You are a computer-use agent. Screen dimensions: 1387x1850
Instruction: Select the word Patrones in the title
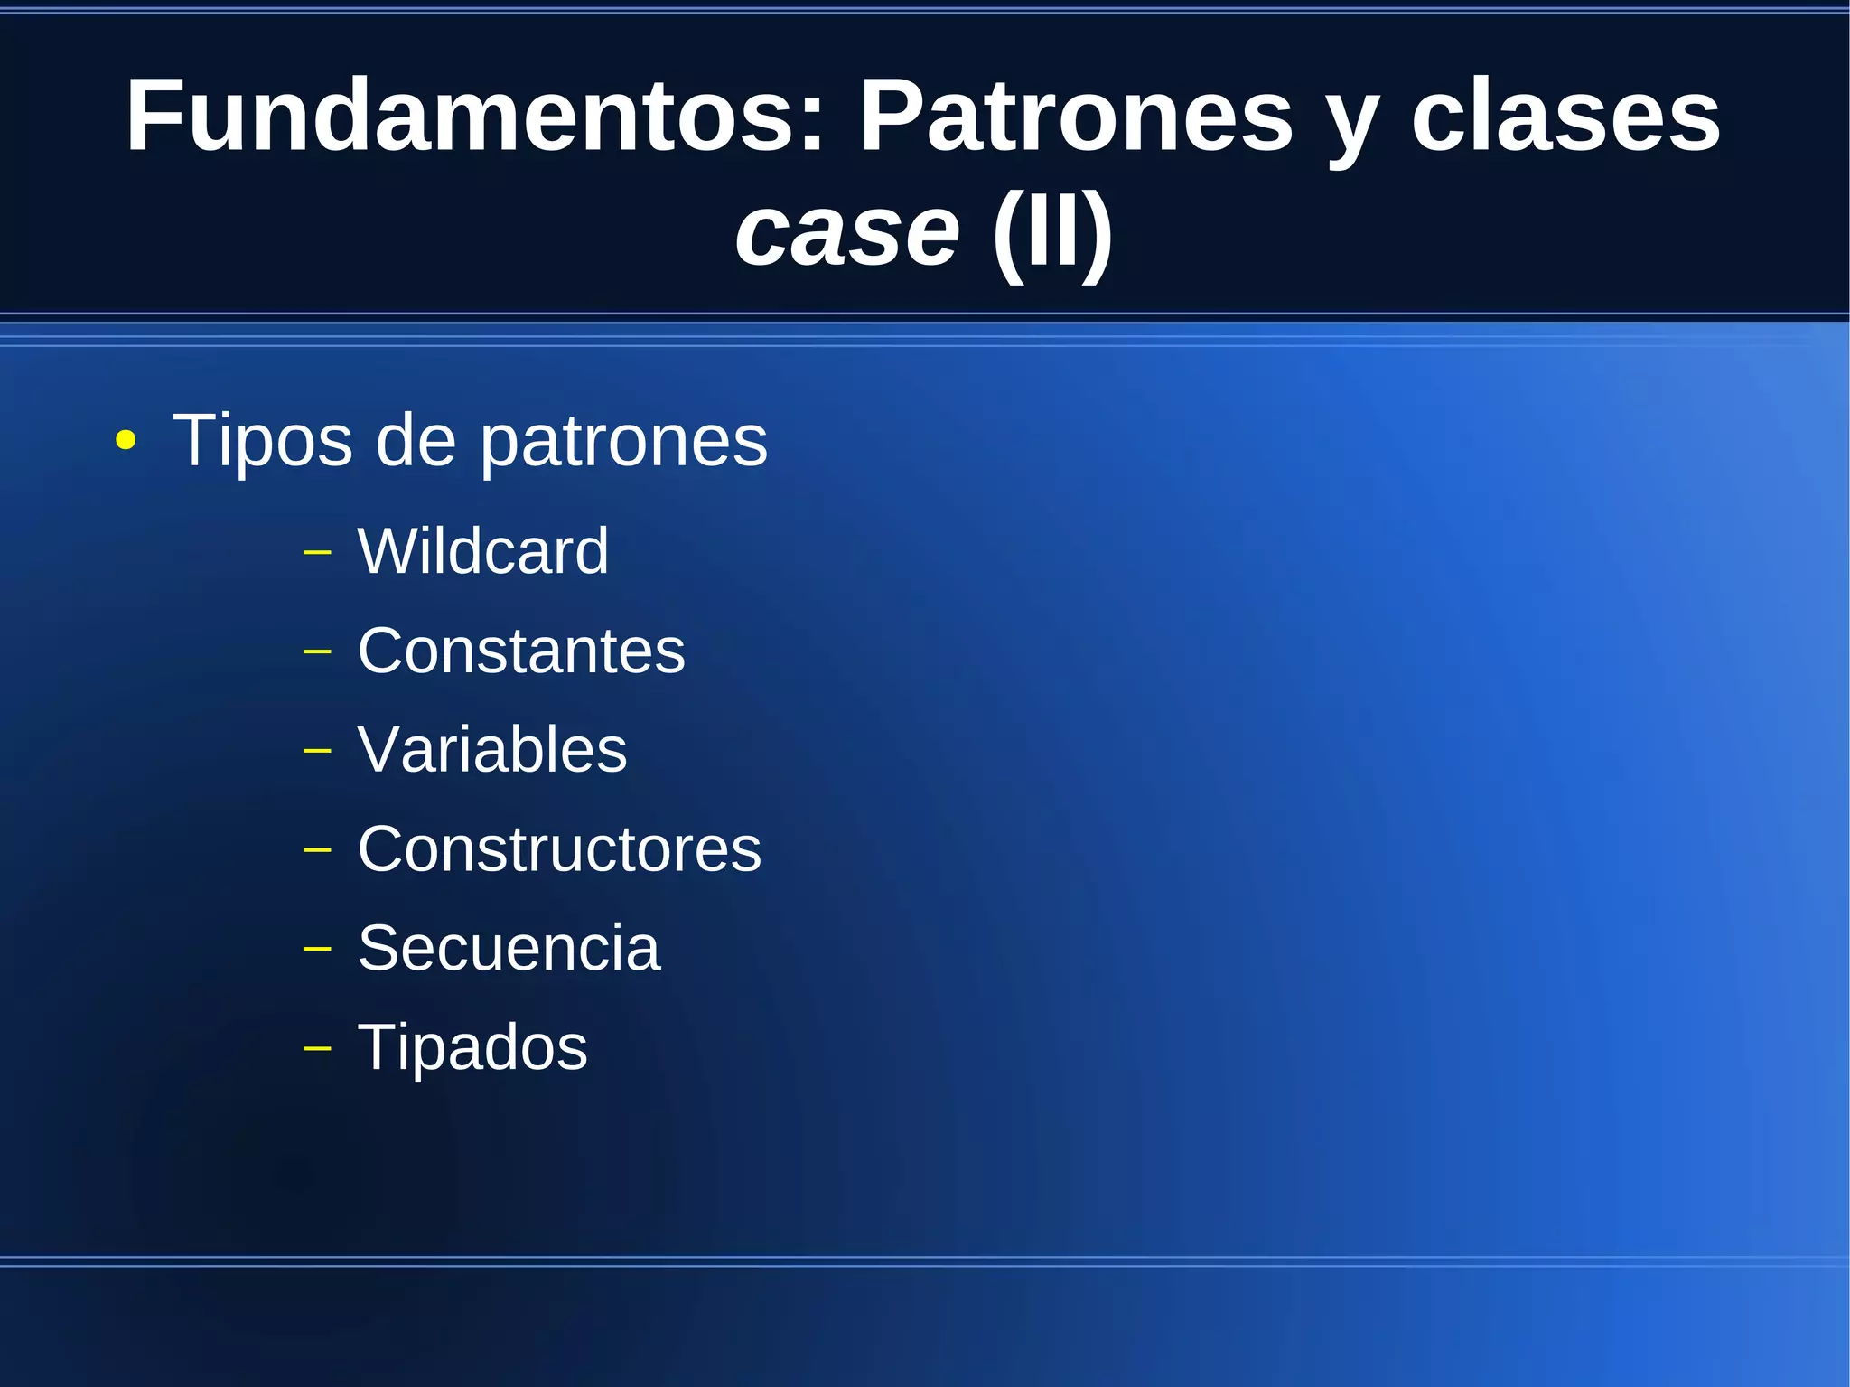[1075, 116]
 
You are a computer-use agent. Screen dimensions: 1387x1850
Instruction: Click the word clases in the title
[1565, 116]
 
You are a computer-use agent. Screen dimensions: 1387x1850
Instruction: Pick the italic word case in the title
[846, 232]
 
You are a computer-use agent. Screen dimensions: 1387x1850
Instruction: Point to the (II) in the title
[1052, 232]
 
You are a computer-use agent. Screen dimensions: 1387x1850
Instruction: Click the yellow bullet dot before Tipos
[126, 442]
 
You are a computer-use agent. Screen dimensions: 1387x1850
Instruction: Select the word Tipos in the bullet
[262, 440]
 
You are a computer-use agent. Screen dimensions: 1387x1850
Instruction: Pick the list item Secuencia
[509, 948]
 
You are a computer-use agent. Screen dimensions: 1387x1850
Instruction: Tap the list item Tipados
[472, 1047]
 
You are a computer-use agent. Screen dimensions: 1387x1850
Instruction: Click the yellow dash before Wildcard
[317, 551]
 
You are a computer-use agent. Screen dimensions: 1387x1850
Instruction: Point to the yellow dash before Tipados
[317, 1048]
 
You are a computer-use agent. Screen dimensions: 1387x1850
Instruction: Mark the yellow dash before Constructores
[317, 849]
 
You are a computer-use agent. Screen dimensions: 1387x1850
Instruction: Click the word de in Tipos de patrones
[415, 440]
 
